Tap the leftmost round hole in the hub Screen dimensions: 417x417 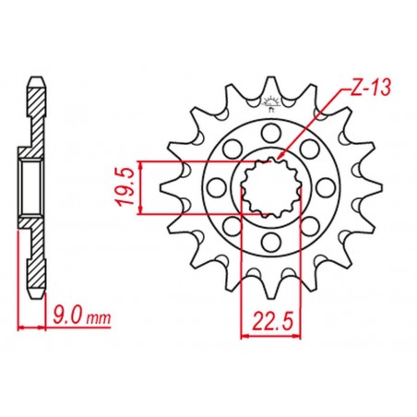click(215, 186)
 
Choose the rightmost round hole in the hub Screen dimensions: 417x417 click(329, 186)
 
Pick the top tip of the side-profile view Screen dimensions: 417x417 click(34, 78)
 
